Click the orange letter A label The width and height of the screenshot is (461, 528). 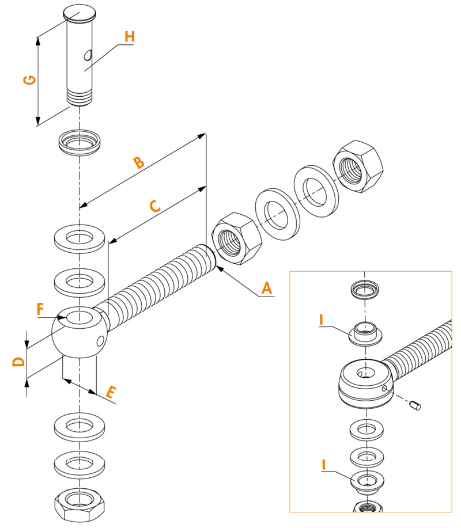266,287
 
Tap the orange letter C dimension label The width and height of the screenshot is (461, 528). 154,206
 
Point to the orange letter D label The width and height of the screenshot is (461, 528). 19,362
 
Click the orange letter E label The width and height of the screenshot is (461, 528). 111,393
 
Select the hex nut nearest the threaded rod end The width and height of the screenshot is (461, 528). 236,238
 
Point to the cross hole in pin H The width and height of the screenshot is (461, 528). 88,55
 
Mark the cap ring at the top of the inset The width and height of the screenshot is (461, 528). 367,288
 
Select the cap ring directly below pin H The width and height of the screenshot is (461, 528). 80,142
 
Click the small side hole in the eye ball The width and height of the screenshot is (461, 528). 100,343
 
